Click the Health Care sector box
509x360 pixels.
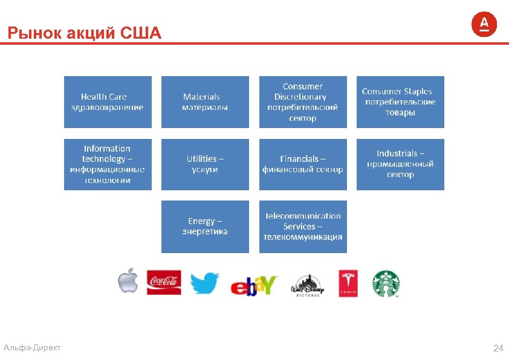pyautogui.click(x=108, y=101)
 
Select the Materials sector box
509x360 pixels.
pyautogui.click(x=205, y=101)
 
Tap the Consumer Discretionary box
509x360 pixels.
pyautogui.click(x=303, y=101)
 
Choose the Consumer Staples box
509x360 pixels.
pyautogui.click(x=400, y=101)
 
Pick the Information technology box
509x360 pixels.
pyautogui.click(x=108, y=164)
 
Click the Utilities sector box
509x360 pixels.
pyautogui.click(x=205, y=164)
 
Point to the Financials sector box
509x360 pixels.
pyautogui.click(x=303, y=164)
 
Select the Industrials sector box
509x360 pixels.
pyautogui.click(x=400, y=164)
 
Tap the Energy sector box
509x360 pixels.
pyautogui.click(x=205, y=227)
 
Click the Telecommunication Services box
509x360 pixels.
pyautogui.click(x=303, y=227)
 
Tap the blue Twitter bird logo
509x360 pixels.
pyautogui.click(x=205, y=283)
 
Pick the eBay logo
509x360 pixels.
pyautogui.click(x=254, y=284)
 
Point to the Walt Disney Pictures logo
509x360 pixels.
pyautogui.click(x=307, y=284)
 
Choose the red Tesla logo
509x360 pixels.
pyautogui.click(x=348, y=283)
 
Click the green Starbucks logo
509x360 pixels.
pyautogui.click(x=386, y=283)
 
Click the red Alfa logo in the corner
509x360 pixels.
pyautogui.click(x=484, y=24)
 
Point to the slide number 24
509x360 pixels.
pyautogui.click(x=498, y=349)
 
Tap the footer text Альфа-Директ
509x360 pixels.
pyautogui.click(x=31, y=347)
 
